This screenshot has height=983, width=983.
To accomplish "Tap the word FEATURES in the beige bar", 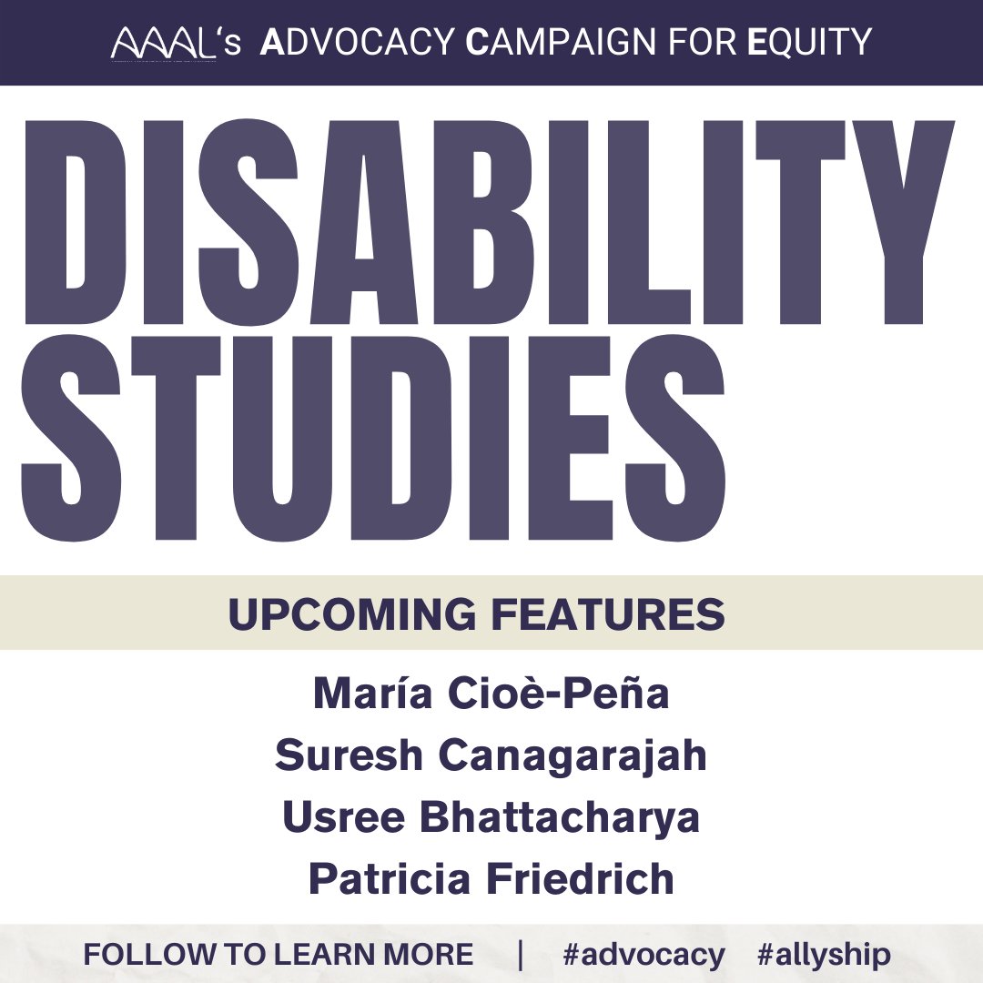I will click(x=609, y=615).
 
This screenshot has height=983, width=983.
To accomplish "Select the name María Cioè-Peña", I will click(x=491, y=694).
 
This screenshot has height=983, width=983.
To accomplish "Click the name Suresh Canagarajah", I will click(x=491, y=756).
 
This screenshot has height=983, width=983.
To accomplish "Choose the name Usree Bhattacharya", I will click(x=491, y=817).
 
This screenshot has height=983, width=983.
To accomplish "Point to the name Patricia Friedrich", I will click(x=491, y=879).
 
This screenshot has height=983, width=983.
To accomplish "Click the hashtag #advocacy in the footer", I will click(x=644, y=955).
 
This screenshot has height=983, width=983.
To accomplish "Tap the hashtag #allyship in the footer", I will click(x=823, y=955).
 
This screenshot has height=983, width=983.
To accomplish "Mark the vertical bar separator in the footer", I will click(x=521, y=955).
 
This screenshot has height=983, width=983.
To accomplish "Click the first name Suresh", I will click(x=337, y=756).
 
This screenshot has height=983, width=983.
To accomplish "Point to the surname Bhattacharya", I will click(x=560, y=817).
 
